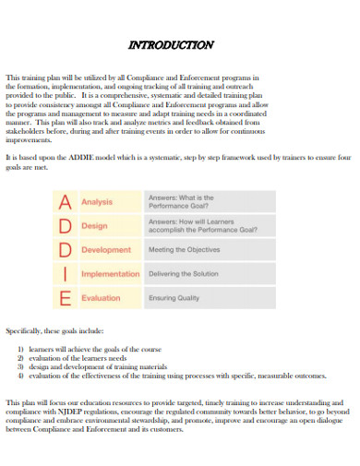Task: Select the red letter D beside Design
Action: (x=66, y=226)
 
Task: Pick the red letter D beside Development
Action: (x=66, y=250)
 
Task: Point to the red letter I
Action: (x=66, y=274)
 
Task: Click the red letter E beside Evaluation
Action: (x=66, y=298)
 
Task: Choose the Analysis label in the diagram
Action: (x=96, y=202)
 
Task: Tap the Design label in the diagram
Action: (x=94, y=226)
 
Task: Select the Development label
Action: (x=105, y=250)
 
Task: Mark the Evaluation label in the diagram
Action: (x=101, y=298)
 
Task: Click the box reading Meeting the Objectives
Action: (x=207, y=250)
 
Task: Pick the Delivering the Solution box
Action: (x=207, y=274)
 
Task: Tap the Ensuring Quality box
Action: (x=207, y=298)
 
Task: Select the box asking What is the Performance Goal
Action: (x=207, y=202)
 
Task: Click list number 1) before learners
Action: (x=20, y=352)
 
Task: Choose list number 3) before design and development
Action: (x=20, y=367)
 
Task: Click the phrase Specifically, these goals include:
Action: (x=54, y=330)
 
